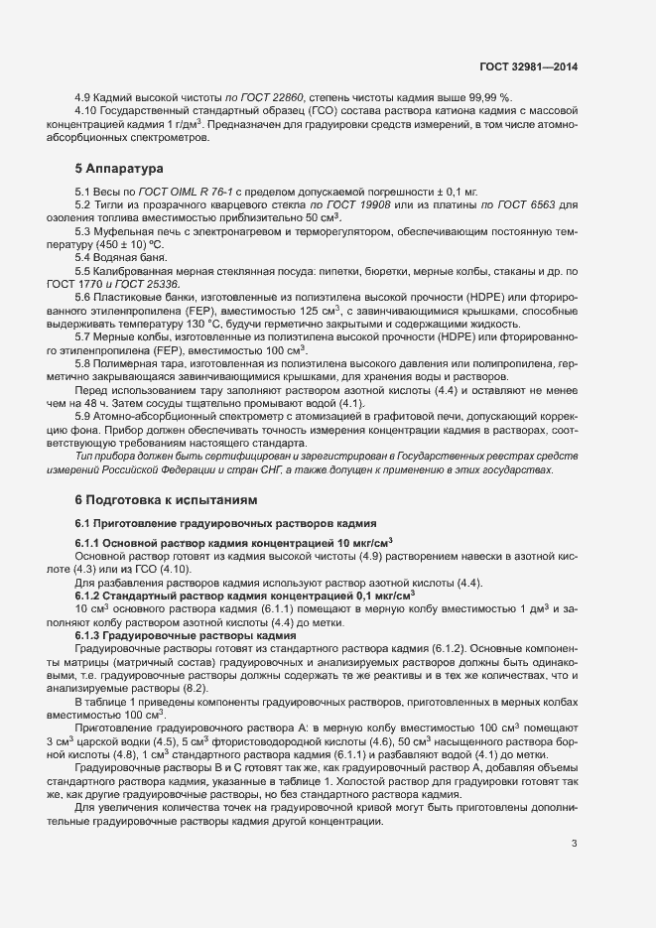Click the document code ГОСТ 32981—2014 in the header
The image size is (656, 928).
point(528,67)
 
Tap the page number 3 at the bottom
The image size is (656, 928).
point(574,844)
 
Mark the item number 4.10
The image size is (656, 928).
point(87,110)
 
